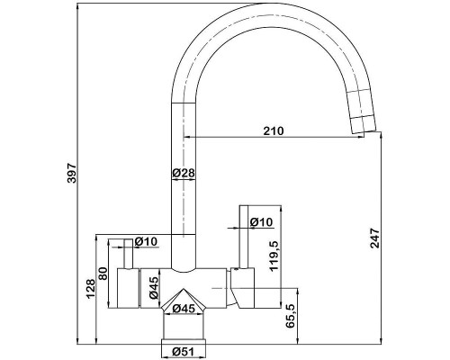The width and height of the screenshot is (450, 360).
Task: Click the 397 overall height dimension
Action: point(72,173)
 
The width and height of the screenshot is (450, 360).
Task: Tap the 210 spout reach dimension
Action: point(274,131)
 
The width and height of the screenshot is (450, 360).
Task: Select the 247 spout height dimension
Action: point(374,238)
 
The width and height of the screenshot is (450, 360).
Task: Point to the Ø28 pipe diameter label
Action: point(184,173)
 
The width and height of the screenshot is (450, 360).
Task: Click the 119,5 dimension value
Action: point(274,256)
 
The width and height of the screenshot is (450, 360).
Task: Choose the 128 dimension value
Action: point(91,289)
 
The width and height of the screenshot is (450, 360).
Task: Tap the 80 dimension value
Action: point(103,274)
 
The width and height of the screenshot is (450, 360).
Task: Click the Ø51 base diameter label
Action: point(184,351)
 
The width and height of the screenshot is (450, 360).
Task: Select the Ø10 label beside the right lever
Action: point(261,222)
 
